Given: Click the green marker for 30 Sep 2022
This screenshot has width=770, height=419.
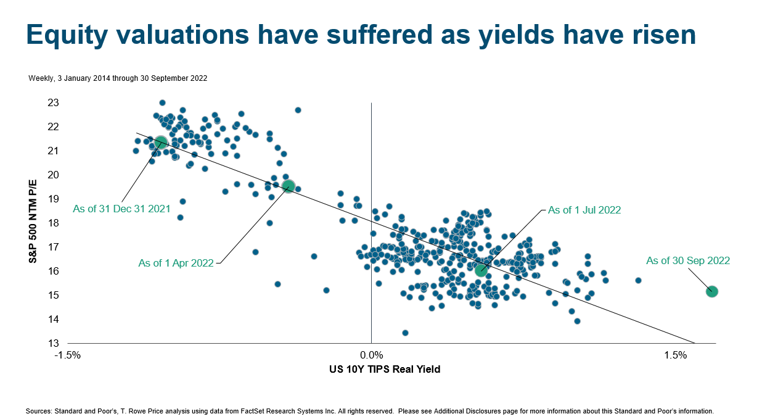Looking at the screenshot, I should coord(711,291).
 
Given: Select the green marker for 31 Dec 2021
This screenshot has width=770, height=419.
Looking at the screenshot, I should coord(161,143).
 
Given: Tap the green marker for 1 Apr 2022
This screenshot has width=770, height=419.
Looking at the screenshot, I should coord(288,186).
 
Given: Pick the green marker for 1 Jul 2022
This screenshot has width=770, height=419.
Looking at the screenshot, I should coord(481,270).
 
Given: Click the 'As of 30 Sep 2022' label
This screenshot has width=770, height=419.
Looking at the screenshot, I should coord(687,261).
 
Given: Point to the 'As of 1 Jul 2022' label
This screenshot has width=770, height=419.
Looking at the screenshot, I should coord(584,210).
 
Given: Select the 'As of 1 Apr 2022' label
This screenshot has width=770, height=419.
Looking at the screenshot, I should coord(176,263).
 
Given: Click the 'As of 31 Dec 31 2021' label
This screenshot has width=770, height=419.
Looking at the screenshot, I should coord(121,209).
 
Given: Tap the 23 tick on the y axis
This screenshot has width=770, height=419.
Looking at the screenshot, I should coord(54,102).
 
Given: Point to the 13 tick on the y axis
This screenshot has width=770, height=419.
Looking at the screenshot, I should coord(54,343).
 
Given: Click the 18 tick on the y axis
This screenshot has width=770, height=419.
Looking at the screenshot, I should coord(54,223).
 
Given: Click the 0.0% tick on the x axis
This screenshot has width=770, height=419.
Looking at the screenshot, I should coord(371,355).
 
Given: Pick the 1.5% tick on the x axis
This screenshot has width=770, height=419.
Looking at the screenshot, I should coord(676,355).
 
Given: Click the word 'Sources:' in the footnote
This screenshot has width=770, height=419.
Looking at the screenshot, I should coord(38,411).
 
